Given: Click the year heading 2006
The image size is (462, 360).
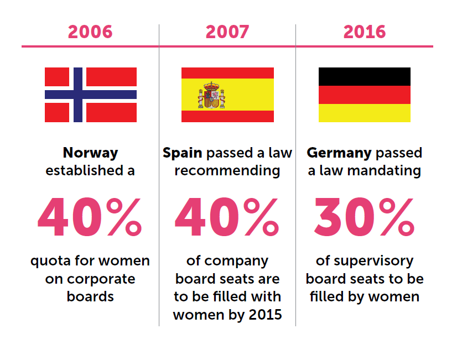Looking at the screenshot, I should point(90,32).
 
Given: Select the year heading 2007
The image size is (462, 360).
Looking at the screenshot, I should point(227,32).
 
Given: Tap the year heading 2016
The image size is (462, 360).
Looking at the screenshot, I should point(365,32).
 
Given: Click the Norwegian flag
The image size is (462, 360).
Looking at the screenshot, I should point(91,95).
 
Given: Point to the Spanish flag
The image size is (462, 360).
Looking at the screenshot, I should point(227,95).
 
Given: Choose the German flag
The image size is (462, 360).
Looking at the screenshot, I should point(364,95).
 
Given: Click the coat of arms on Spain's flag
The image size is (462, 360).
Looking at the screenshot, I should point(211,95).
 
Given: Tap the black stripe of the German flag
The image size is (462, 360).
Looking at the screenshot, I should point(364,76).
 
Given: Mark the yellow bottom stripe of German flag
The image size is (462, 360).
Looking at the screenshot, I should point(364,113).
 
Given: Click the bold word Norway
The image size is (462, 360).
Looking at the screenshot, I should point(90,153).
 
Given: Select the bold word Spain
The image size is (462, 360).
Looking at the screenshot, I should point(180,153).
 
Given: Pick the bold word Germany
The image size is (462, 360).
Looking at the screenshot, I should point(338,153).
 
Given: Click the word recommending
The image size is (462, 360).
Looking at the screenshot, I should point(227,171).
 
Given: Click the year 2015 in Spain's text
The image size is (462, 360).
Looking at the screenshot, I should point(263,315).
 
